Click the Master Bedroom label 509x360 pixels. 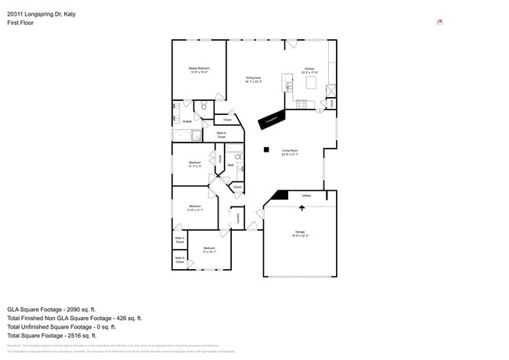click(x=199, y=69)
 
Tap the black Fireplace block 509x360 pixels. click(x=272, y=119)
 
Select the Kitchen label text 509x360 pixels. click(x=309, y=69)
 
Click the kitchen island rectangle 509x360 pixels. click(x=311, y=83)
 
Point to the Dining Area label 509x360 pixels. click(x=253, y=77)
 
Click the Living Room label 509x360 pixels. click(x=290, y=150)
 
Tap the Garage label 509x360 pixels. click(x=299, y=232)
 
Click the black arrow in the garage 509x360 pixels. click(x=302, y=208)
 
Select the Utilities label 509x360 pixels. click(x=306, y=196)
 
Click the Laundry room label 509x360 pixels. click(x=238, y=220)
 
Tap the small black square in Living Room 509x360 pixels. click(x=266, y=149)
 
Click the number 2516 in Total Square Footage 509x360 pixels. click(x=78, y=336)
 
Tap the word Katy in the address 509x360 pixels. click(x=70, y=14)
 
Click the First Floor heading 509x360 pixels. click(x=21, y=23)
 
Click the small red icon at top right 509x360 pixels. click(x=439, y=21)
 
